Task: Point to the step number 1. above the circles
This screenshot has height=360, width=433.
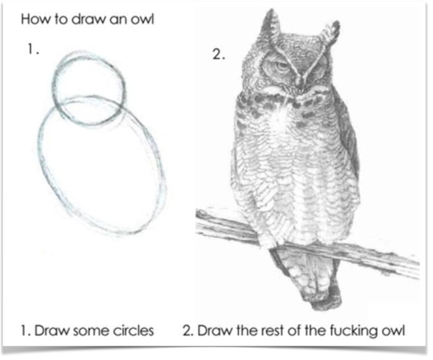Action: tap(33, 49)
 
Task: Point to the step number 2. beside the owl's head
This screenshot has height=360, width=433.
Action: tap(219, 54)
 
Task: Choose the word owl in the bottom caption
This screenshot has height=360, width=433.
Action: tap(393, 330)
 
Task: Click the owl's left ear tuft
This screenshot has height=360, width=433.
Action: tap(271, 26)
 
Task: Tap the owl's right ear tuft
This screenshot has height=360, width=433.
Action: tap(329, 33)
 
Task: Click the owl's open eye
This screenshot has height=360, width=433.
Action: tap(280, 66)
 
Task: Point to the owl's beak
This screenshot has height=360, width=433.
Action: tap(299, 81)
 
